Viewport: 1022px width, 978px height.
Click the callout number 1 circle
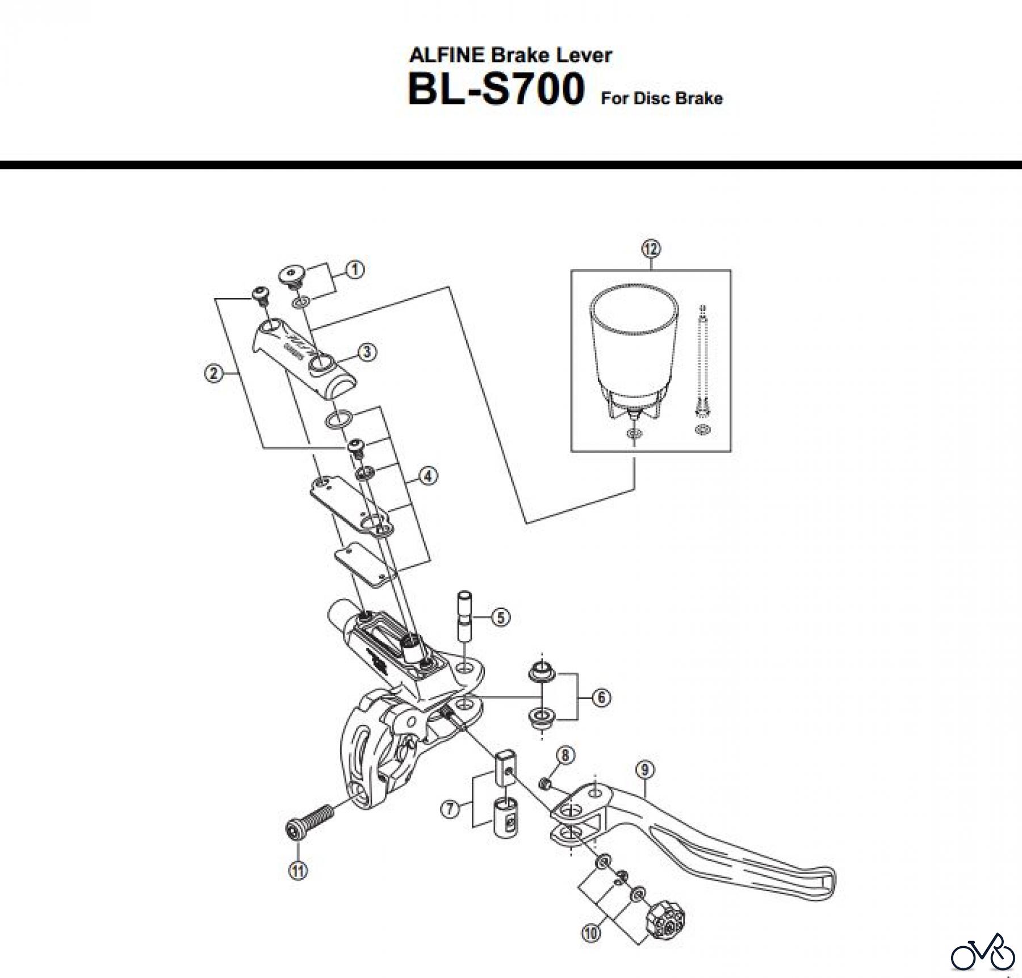tap(355, 269)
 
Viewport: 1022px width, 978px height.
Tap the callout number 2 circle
tap(213, 373)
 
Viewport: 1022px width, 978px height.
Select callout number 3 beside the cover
tap(367, 352)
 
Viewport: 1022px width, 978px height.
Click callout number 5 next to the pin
tap(500, 617)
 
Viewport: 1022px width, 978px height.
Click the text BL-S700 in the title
tap(495, 90)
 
